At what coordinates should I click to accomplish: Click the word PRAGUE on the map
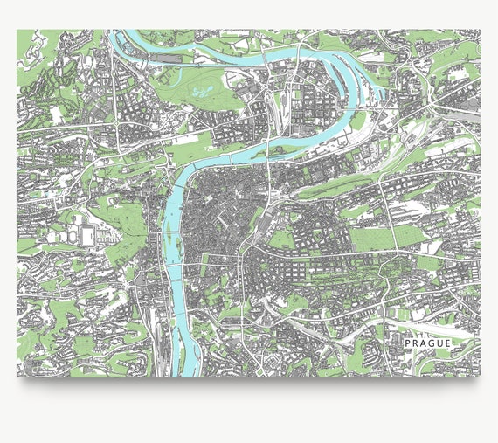(x=428, y=343)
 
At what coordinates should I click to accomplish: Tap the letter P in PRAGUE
(x=408, y=343)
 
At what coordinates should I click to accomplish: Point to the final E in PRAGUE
(x=448, y=343)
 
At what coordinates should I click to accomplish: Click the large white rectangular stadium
(x=87, y=235)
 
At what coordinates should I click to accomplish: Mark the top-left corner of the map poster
(x=17, y=30)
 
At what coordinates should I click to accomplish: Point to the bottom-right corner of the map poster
(x=480, y=377)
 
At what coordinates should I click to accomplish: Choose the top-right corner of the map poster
(x=480, y=30)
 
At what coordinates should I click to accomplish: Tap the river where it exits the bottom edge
(x=181, y=374)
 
